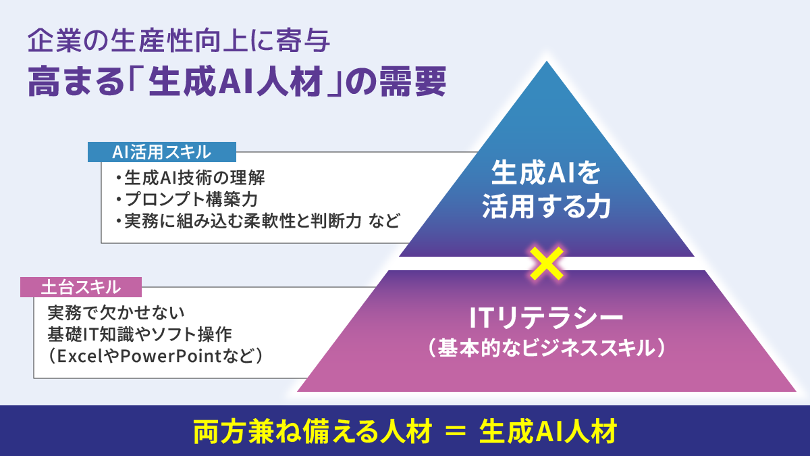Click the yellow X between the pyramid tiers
pyautogui.click(x=547, y=263)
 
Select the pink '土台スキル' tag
pyautogui.click(x=81, y=287)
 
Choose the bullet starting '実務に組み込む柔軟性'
pyautogui.click(x=257, y=220)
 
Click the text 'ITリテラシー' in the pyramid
pyautogui.click(x=546, y=316)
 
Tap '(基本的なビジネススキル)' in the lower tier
pyautogui.click(x=546, y=348)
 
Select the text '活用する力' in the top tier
pyautogui.click(x=546, y=207)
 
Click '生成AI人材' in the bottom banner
pyautogui.click(x=547, y=432)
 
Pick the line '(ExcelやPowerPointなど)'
pyautogui.click(x=155, y=355)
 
